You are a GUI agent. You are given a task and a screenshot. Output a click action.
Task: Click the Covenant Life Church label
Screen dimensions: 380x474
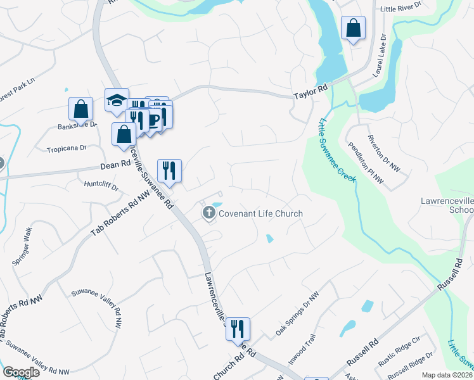coord(260,213)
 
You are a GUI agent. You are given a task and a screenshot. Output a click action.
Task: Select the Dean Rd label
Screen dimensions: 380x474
coord(115,167)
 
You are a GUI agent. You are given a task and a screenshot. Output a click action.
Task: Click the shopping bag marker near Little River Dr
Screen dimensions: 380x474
coord(354,28)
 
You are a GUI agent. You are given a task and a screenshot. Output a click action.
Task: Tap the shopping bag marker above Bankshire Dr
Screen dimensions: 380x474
coord(81,109)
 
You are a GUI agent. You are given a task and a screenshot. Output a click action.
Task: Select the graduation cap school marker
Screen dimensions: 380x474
coord(117,100)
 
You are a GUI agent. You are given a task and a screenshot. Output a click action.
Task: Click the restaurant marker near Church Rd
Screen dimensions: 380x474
coord(238,329)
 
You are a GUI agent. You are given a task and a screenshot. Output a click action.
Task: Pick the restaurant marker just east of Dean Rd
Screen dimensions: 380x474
coord(169,170)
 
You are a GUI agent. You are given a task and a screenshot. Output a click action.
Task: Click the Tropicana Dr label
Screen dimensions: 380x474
coord(66,149)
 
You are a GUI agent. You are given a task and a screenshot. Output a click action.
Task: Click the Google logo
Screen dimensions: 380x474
coord(21,372)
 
